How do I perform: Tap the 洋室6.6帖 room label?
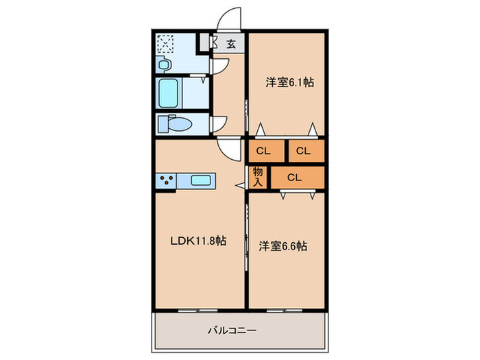[282, 245]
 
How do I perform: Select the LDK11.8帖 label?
[199, 241]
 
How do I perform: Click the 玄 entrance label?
[231, 45]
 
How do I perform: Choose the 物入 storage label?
[258, 177]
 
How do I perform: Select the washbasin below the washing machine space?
[163, 65]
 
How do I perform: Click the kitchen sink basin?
[200, 180]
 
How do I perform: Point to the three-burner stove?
[167, 180]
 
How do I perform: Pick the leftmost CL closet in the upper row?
[264, 150]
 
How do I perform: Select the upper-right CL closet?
[304, 150]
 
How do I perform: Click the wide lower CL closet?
[295, 178]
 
